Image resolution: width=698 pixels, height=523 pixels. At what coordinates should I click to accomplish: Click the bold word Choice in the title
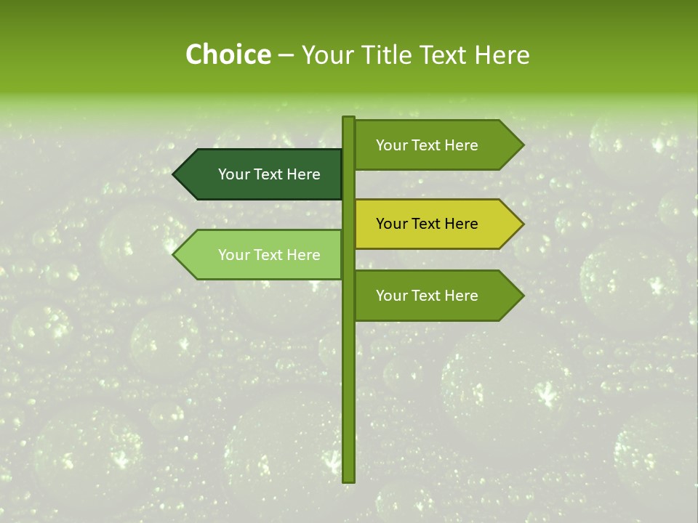click(x=228, y=55)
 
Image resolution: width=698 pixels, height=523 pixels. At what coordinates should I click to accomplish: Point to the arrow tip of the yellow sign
click(x=521, y=224)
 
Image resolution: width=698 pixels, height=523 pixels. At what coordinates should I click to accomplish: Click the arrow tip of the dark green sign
click(x=175, y=174)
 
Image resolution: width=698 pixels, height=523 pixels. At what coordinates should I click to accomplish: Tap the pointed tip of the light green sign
click(x=175, y=255)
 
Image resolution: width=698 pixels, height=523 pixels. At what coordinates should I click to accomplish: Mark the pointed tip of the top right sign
click(x=521, y=145)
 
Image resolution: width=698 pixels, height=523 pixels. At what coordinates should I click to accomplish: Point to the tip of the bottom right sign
click(x=521, y=296)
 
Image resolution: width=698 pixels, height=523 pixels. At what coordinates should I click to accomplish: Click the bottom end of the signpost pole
click(x=348, y=479)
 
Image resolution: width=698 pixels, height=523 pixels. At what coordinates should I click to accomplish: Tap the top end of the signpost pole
click(x=348, y=119)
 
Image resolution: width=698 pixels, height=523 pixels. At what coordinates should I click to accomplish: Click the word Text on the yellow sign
click(x=428, y=224)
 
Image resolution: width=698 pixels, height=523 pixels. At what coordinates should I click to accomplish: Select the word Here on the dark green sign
click(x=302, y=174)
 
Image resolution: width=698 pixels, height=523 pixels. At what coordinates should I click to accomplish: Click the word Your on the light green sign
click(x=233, y=255)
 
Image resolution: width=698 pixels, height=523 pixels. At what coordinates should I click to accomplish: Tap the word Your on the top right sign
click(x=391, y=145)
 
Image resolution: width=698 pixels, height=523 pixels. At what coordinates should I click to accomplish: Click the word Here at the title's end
click(x=502, y=55)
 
